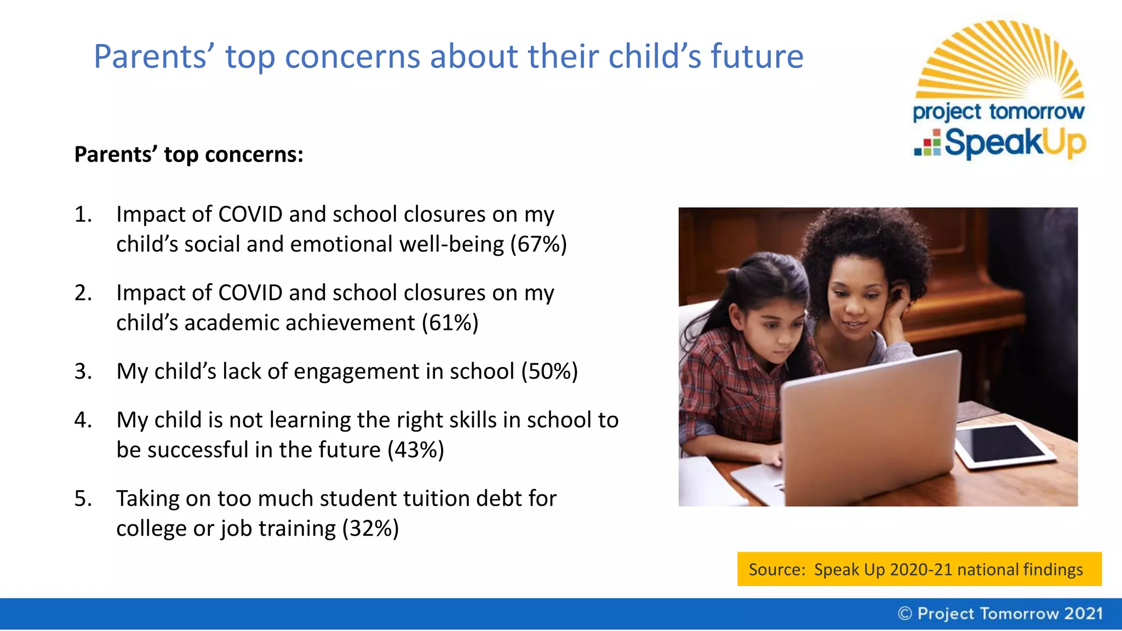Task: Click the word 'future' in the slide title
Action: pos(757,56)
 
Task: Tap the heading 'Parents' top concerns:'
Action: pos(188,154)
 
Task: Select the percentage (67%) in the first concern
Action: pos(539,244)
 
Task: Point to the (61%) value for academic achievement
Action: pos(450,323)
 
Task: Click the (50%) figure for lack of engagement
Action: pos(549,371)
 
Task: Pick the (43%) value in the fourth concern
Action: pos(416,450)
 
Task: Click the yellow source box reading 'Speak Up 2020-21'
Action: pos(919,569)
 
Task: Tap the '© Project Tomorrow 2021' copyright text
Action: pos(1000,613)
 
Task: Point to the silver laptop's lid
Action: pos(871,427)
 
